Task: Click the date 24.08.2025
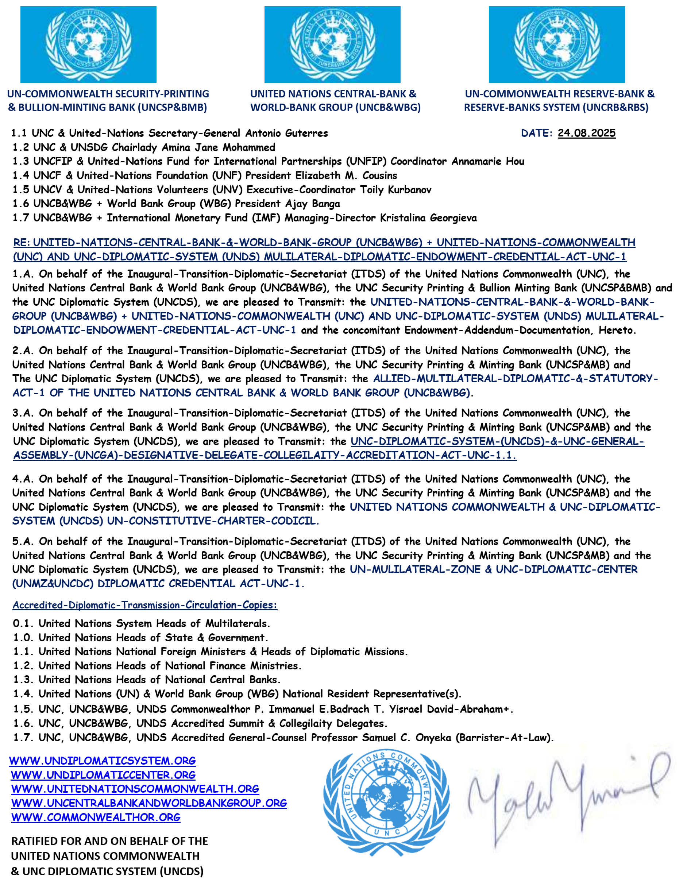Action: pyautogui.click(x=586, y=133)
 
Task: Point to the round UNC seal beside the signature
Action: pyautogui.click(x=386, y=800)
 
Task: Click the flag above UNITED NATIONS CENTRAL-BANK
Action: pyautogui.click(x=332, y=45)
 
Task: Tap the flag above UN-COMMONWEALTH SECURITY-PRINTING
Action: pyautogui.click(x=88, y=45)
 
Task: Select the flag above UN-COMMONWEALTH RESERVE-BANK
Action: pyautogui.click(x=556, y=45)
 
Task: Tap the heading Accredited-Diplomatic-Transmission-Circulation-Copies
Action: pyautogui.click(x=145, y=605)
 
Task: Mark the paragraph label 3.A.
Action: pyautogui.click(x=23, y=413)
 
